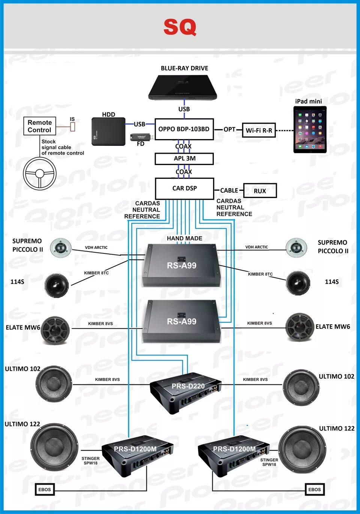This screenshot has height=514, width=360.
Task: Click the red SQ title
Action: (180, 27)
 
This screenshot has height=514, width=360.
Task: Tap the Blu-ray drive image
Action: (183, 87)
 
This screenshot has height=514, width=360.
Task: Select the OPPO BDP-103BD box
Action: (184, 129)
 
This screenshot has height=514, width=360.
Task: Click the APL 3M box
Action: (184, 159)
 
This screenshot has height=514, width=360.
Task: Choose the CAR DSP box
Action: (184, 188)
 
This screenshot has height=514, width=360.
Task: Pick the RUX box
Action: (260, 190)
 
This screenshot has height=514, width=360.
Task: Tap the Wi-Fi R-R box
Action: (259, 130)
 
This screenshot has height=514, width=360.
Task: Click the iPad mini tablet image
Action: (310, 129)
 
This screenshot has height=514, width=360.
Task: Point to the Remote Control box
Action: (39, 126)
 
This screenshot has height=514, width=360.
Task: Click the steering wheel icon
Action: (39, 173)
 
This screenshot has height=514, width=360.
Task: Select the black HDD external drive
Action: (108, 132)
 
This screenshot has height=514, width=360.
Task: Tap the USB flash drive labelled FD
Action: (141, 137)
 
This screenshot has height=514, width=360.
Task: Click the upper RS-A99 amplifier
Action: (181, 265)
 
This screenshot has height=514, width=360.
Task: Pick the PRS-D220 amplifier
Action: (186, 392)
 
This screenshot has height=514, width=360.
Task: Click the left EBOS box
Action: (45, 489)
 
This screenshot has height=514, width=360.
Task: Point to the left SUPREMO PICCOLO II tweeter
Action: (61, 248)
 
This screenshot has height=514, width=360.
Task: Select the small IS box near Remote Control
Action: (72, 127)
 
